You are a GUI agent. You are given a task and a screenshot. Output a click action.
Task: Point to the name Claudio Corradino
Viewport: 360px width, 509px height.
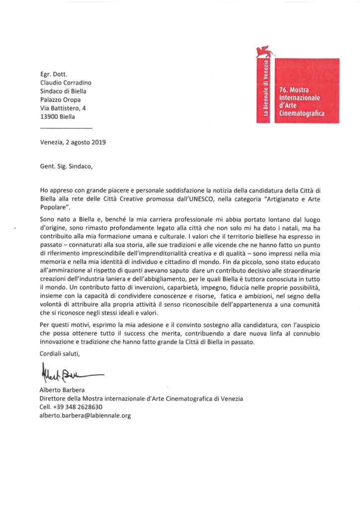pyautogui.click(x=65, y=82)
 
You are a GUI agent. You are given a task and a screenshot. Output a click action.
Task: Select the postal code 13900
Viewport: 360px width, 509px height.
pyautogui.click(x=49, y=117)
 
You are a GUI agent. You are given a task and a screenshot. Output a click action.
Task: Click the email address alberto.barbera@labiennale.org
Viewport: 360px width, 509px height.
pyautogui.click(x=85, y=415)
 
